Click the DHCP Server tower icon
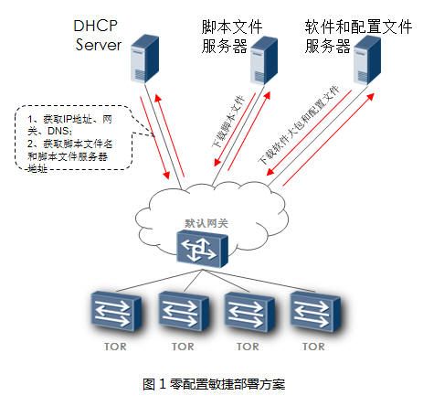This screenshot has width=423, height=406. point(144,59)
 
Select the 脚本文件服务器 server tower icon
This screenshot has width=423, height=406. point(264,60)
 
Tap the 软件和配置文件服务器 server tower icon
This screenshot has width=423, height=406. point(367,59)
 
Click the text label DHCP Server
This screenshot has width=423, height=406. point(98,35)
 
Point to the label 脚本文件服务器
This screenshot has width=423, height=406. point(231,37)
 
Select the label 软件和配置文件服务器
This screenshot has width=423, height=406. point(358,37)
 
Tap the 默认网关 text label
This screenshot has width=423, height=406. point(206,223)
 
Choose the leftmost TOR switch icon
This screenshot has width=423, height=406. point(116,311)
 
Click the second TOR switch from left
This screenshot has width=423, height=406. point(184,311)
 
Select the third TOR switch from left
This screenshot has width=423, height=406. point(249,312)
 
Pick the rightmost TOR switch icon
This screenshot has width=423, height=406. point(315,312)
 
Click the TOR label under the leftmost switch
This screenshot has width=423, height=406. point(115,347)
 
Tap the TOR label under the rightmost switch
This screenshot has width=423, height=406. point(313,347)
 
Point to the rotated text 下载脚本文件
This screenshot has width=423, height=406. point(228,121)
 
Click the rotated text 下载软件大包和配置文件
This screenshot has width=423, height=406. point(299,125)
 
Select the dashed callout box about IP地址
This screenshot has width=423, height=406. point(74,138)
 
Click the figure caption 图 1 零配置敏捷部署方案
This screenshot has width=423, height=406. point(214,384)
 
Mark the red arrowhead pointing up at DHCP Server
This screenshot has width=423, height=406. point(158,99)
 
